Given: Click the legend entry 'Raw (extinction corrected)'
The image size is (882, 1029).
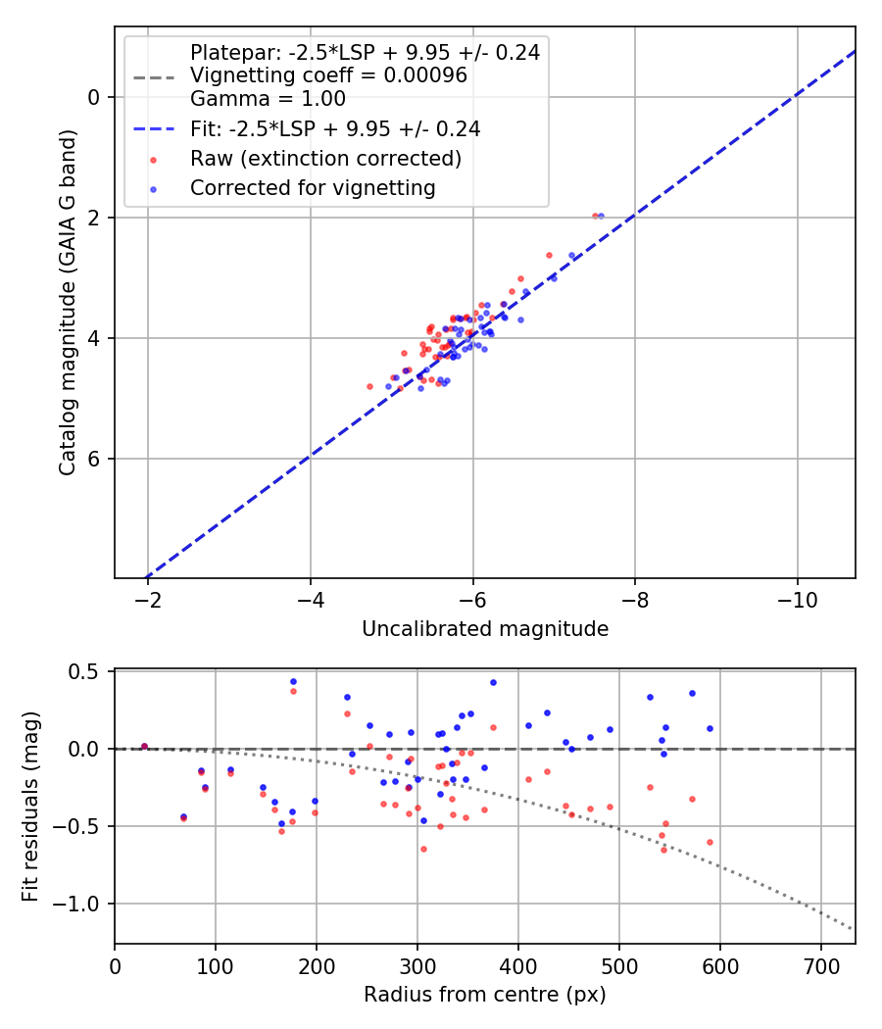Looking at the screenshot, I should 325,158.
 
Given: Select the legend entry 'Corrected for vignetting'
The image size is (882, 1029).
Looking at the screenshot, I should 313,187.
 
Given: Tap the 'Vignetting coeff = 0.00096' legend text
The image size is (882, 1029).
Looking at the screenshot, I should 328,75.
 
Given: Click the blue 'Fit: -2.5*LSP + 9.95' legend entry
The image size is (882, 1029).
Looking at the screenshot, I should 334,128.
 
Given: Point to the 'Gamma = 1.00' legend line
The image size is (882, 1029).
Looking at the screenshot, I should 268,98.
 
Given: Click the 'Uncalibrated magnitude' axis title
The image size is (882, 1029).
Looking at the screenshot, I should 485,629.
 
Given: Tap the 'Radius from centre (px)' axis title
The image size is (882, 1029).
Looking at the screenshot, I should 485,995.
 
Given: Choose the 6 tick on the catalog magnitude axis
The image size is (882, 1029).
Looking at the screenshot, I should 94,459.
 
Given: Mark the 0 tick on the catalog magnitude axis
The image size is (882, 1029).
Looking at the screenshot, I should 94,97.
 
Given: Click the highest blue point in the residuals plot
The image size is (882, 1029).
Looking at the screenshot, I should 293,681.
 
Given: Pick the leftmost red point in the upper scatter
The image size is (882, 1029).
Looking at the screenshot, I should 369,386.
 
